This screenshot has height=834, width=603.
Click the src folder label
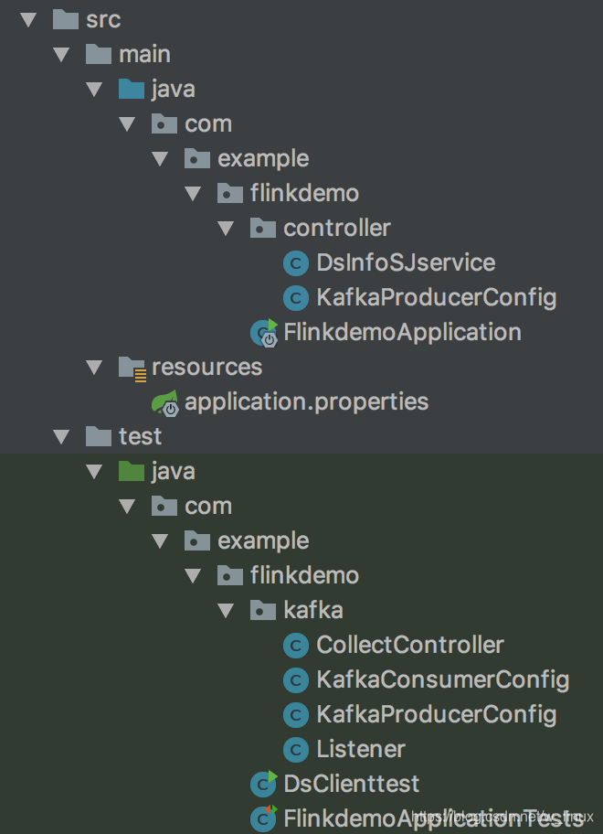(x=102, y=19)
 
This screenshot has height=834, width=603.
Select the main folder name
(x=144, y=54)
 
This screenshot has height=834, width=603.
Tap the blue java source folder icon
(x=132, y=89)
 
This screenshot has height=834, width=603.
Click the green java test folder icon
(x=132, y=471)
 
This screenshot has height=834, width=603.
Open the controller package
(x=336, y=228)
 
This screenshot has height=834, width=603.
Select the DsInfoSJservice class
(x=406, y=262)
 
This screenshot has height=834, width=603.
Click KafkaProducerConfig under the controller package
(x=436, y=297)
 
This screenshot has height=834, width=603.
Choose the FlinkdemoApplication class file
(x=402, y=332)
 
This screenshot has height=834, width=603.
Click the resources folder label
(x=206, y=367)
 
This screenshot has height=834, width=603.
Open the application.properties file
(x=306, y=401)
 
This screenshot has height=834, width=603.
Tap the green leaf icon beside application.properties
(x=165, y=401)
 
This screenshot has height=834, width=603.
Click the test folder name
(x=140, y=436)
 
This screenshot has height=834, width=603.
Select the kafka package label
(x=313, y=610)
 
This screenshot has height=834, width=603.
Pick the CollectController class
(x=409, y=645)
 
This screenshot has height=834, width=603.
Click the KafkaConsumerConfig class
(x=442, y=679)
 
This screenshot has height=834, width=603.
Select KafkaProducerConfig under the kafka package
(x=436, y=714)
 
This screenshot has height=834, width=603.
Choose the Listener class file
(x=361, y=749)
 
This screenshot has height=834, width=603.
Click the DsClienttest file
(x=352, y=784)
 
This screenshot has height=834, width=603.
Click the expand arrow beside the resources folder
(x=94, y=367)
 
